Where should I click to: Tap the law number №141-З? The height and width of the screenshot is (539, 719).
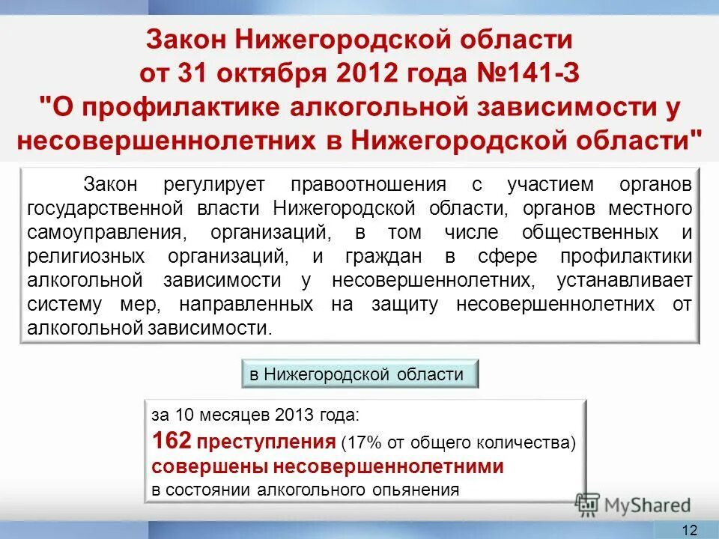click(524, 73)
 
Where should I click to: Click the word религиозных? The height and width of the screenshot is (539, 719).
click(85, 256)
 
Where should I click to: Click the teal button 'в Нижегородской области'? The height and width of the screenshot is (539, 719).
click(359, 374)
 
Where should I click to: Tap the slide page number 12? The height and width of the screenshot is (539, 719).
click(690, 530)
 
